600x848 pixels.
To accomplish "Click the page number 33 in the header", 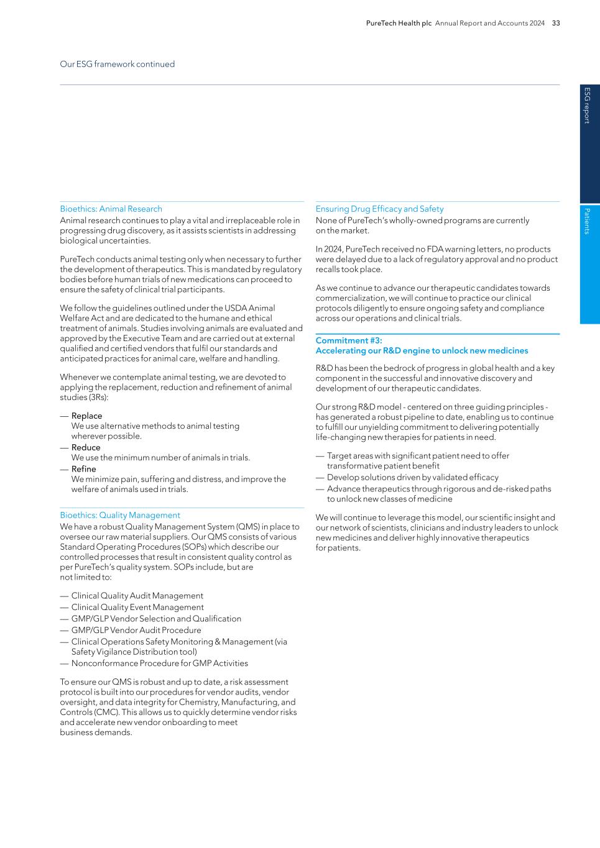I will coord(556,23).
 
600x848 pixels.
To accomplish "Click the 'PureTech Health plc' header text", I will coord(399,23).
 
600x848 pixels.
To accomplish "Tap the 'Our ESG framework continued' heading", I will coord(117,64).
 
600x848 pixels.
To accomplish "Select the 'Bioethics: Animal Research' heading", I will coord(111,209).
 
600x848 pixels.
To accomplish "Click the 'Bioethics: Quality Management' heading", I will coord(120,515).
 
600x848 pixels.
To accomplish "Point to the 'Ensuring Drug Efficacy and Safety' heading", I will coord(379,209).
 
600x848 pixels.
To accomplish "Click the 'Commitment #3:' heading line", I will coord(349,340).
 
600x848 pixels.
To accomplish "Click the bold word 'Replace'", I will coord(86,416).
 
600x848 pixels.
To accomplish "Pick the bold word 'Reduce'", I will coord(86,447).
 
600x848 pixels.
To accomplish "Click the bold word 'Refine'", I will coord(83,469).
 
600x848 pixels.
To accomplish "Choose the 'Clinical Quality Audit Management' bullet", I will coord(137,596).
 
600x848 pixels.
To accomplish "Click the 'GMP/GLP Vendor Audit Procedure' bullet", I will coord(136,630).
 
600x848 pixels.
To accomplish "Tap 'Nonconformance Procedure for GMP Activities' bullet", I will coord(159,663).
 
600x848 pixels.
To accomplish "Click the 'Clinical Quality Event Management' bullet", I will coord(137,607).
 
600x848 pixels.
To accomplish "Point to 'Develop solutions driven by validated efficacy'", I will coord(412,477).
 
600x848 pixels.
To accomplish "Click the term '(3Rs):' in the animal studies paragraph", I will coord(96,397).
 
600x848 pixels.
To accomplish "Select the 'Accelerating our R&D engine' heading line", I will coord(422,350).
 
